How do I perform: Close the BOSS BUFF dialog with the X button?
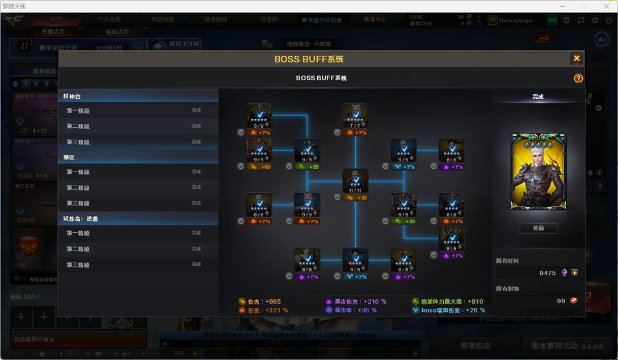point(577,58)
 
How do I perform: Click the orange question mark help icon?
point(578,78)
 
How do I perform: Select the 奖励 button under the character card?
point(538,228)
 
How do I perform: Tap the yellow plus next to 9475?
point(575,273)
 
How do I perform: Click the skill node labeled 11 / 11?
point(355,182)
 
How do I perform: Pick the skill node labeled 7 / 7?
point(355,116)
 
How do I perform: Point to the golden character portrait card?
point(538,171)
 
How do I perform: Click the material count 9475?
point(547,273)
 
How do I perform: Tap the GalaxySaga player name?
point(515,20)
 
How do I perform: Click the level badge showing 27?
point(24,47)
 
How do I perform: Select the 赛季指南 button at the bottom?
point(476,346)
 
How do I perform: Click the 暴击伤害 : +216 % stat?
point(356,302)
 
